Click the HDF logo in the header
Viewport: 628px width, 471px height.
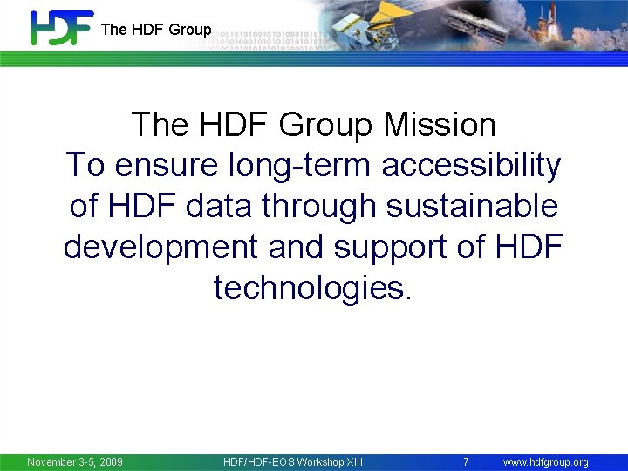(60, 28)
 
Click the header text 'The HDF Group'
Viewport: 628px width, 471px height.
(156, 30)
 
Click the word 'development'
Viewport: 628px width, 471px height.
(160, 247)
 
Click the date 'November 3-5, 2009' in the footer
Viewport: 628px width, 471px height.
(75, 461)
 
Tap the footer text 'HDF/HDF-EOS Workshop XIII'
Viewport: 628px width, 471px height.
(293, 461)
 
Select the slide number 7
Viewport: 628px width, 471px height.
(466, 461)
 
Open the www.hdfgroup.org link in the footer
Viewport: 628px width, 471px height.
(546, 461)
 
